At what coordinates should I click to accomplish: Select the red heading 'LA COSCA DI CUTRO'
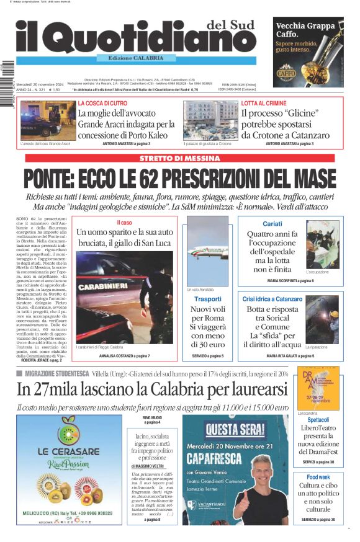pyautogui.click(x=102, y=103)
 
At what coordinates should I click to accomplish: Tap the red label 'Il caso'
pyautogui.click(x=124, y=222)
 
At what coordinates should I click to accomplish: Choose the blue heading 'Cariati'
pyautogui.click(x=272, y=223)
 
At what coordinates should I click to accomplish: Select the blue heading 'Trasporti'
pyautogui.click(x=207, y=299)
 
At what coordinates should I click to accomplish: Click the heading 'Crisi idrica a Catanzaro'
pyautogui.click(x=272, y=299)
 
